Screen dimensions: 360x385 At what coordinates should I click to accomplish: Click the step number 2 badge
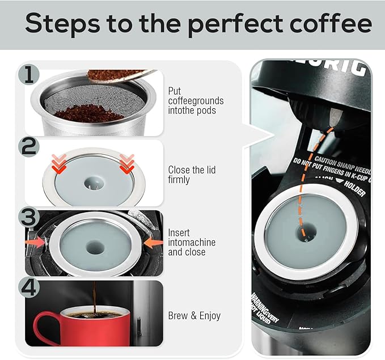(x=28, y=147)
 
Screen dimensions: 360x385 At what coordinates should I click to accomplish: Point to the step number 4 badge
(x=28, y=287)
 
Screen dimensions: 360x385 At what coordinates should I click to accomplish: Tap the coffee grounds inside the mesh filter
(x=90, y=113)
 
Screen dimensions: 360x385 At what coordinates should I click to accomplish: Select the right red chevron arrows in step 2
(x=127, y=163)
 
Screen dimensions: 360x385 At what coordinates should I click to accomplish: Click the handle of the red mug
(x=45, y=328)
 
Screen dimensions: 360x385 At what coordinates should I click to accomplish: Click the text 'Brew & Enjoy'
(x=194, y=316)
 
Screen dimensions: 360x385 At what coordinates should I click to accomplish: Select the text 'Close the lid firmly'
(x=192, y=175)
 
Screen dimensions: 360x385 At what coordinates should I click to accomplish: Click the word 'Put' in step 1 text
(x=174, y=91)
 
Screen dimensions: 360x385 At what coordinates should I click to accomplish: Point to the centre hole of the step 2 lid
(x=91, y=184)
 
